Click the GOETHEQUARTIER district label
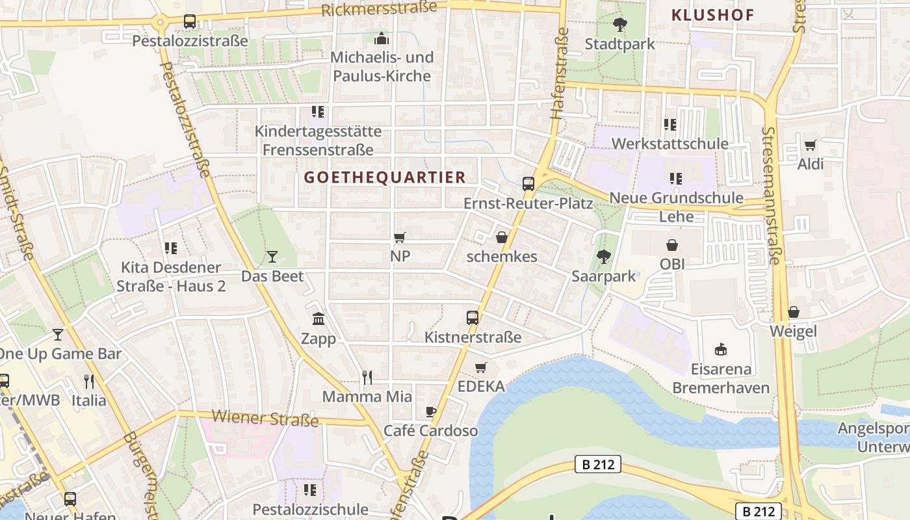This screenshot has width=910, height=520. [x=385, y=177]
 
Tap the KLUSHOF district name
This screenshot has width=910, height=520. [x=712, y=15]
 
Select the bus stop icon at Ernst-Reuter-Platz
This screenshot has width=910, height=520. [x=528, y=183]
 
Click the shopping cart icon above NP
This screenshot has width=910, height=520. [x=400, y=237]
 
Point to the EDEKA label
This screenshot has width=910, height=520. [x=481, y=386]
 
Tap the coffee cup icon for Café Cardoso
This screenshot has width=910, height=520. [x=430, y=411]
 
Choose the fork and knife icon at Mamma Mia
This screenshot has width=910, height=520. [x=367, y=377]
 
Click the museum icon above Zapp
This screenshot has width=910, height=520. [x=318, y=318]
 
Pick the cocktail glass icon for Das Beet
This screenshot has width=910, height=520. [x=272, y=257]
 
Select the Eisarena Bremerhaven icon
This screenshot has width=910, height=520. [x=720, y=350]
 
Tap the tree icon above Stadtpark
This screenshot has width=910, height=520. [x=619, y=25]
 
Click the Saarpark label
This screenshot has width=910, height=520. [x=604, y=276]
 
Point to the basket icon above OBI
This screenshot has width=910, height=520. [x=672, y=245]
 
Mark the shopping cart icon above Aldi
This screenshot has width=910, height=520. [x=810, y=145]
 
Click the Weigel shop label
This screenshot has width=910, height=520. [x=793, y=331]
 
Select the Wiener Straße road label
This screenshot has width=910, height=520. [x=265, y=417]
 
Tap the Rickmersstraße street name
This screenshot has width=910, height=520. [x=379, y=9]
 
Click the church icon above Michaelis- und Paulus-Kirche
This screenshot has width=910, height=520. [x=382, y=38]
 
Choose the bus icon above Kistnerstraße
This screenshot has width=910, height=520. [x=473, y=318]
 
